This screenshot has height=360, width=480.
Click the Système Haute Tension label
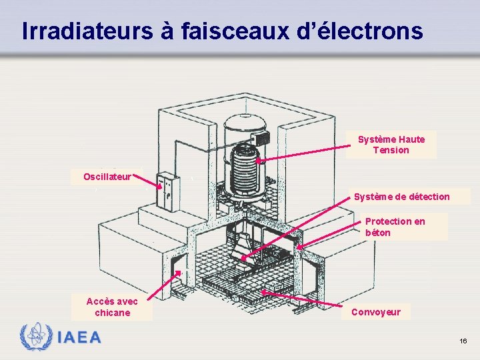point(391,145)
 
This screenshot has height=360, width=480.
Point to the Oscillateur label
point(107,177)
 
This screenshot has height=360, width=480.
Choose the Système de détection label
point(401,197)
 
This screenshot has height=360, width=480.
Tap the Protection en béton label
point(395,227)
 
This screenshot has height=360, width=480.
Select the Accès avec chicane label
point(112,307)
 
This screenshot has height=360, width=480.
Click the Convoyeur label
point(375,312)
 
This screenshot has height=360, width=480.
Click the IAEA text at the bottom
point(80,337)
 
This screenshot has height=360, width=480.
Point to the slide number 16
point(463,341)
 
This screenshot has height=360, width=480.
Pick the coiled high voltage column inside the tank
point(244,169)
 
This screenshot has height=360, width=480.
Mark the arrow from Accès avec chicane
point(164,286)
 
